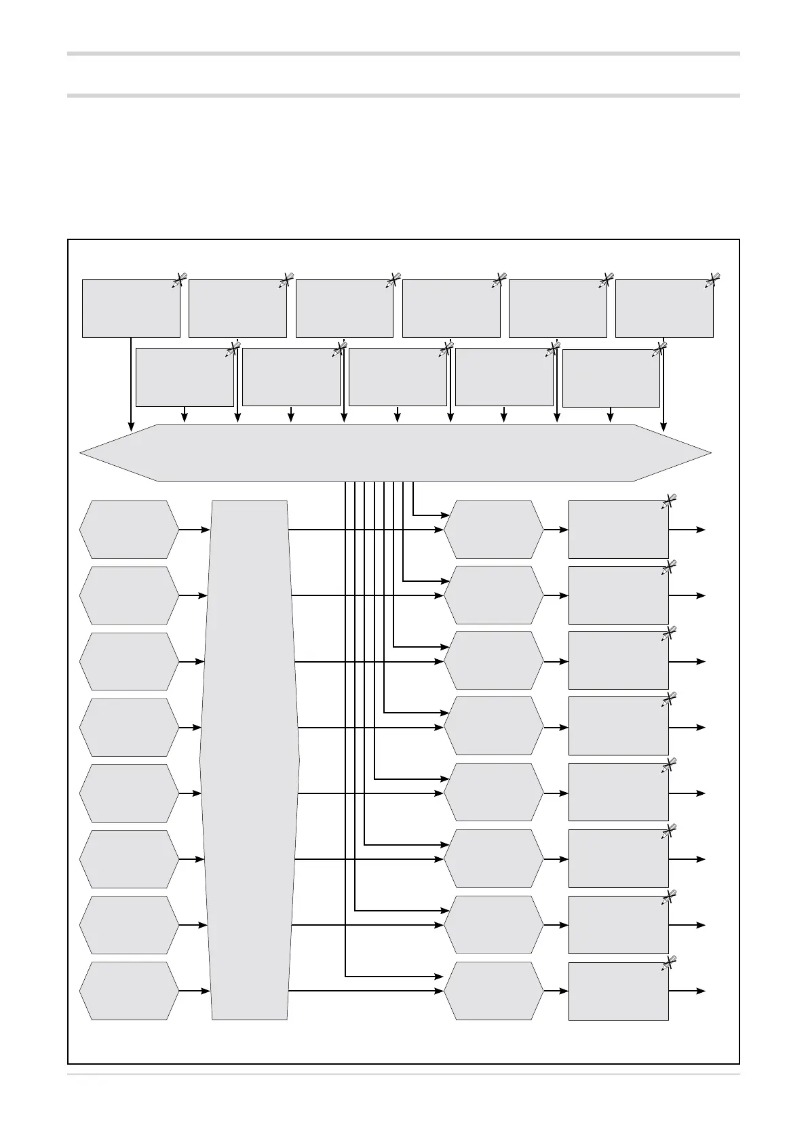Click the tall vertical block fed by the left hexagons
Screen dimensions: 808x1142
coord(250,760)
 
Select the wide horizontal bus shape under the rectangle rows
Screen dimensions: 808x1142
coord(396,452)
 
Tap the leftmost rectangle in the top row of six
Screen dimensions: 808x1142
coord(131,309)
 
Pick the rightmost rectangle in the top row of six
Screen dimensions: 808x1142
coord(664,309)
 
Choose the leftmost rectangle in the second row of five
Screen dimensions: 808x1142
coord(185,377)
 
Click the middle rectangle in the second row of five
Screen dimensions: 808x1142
coord(398,377)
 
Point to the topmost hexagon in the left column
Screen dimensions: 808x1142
coord(129,529)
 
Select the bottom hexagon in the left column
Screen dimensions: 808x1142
coord(129,990)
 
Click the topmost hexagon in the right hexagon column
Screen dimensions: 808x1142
coord(494,529)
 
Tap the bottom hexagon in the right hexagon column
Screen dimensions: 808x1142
coord(494,990)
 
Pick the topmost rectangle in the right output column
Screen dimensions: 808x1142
coord(618,529)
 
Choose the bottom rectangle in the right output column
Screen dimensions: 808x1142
coord(618,990)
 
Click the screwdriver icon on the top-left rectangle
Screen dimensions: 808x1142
coord(179,280)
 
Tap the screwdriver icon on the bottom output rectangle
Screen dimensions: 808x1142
coord(669,962)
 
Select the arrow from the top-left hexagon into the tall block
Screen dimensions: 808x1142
coord(195,529)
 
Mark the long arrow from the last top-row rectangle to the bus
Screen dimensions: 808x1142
coord(664,383)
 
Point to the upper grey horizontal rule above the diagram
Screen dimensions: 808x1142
coord(403,53)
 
